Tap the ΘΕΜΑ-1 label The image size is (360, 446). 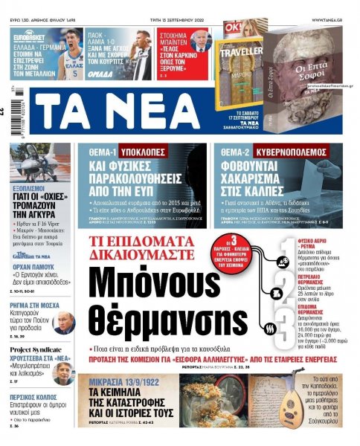[x=103, y=151]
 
